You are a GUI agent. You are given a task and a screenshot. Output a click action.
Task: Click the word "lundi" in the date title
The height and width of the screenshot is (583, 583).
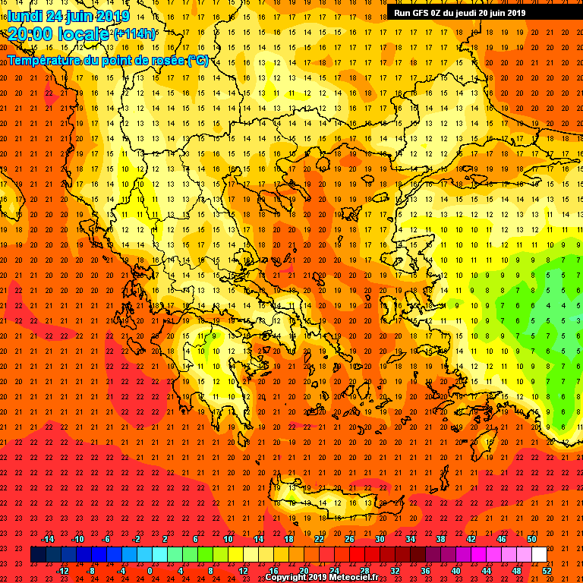click(x=24, y=16)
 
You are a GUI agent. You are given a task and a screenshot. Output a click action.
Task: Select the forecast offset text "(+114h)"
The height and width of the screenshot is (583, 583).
click(x=134, y=34)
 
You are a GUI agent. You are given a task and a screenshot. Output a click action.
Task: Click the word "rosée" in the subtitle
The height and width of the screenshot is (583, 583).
click(x=165, y=61)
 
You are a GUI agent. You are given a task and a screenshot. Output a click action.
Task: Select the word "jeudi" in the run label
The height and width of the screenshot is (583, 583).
click(x=465, y=12)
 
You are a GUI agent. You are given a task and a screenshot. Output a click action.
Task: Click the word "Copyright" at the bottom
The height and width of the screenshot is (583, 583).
click(x=287, y=578)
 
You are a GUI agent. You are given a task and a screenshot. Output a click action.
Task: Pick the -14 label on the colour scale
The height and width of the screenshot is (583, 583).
click(x=47, y=539)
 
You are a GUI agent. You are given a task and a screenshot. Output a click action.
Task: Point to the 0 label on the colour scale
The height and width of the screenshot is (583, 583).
click(x=150, y=571)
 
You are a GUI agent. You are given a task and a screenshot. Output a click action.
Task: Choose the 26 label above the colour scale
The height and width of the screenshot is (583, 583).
click(x=349, y=539)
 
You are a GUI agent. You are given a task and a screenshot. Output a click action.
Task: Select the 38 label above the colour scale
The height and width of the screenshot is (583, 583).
click(x=440, y=539)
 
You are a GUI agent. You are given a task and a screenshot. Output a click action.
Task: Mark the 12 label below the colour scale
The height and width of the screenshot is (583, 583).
click(x=243, y=571)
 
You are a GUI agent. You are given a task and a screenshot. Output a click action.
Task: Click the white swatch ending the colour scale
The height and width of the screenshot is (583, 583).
click(x=539, y=555)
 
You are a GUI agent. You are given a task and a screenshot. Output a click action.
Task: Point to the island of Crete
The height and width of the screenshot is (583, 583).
click(x=334, y=501)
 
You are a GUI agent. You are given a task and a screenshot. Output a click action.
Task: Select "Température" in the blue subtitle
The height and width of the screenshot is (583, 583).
click(x=43, y=61)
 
